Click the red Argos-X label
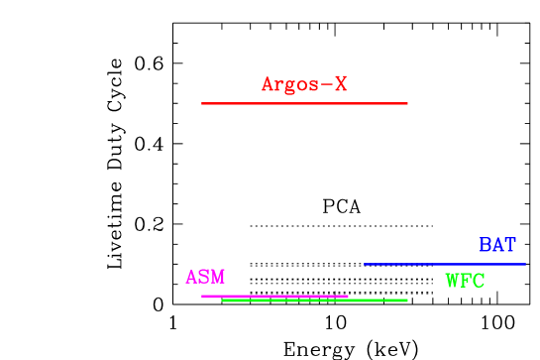[304, 84]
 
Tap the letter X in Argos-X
[340, 84]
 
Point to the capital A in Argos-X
[268, 84]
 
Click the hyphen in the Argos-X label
[326, 85]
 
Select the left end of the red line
[202, 103]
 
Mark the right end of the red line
[407, 103]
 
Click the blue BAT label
[497, 244]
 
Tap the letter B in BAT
[486, 244]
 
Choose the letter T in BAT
[509, 244]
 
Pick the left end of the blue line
[365, 264]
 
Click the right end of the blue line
[525, 264]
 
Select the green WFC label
[465, 281]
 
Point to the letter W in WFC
[452, 281]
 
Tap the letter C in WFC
[479, 281]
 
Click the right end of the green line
[407, 300]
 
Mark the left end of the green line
[223, 300]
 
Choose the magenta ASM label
[205, 277]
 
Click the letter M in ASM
[218, 277]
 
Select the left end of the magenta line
[202, 296]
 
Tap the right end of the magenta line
[348, 296]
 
